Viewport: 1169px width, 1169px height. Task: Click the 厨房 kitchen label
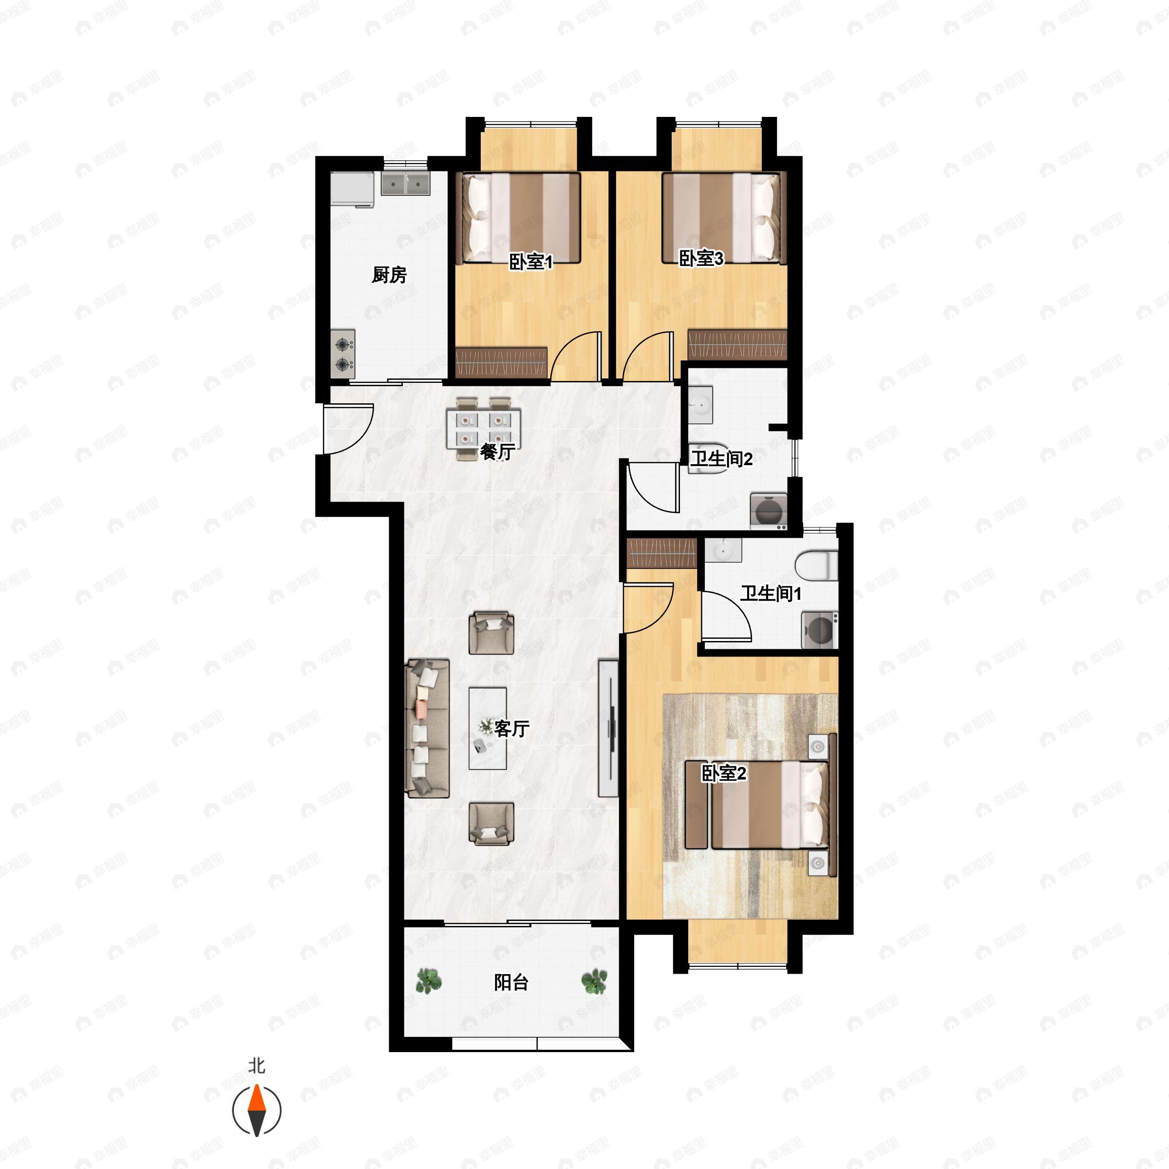[x=389, y=275]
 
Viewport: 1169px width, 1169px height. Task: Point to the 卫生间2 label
[x=722, y=459]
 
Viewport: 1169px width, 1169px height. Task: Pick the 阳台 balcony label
[x=511, y=982]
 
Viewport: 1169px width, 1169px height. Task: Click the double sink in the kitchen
[x=405, y=183]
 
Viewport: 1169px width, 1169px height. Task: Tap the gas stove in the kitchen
[x=343, y=355]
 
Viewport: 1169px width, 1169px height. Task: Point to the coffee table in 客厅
[x=488, y=728]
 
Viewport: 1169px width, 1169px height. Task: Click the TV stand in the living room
[x=608, y=728]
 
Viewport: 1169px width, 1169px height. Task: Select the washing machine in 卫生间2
[x=769, y=511]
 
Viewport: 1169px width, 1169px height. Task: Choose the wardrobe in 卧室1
[x=501, y=362]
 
